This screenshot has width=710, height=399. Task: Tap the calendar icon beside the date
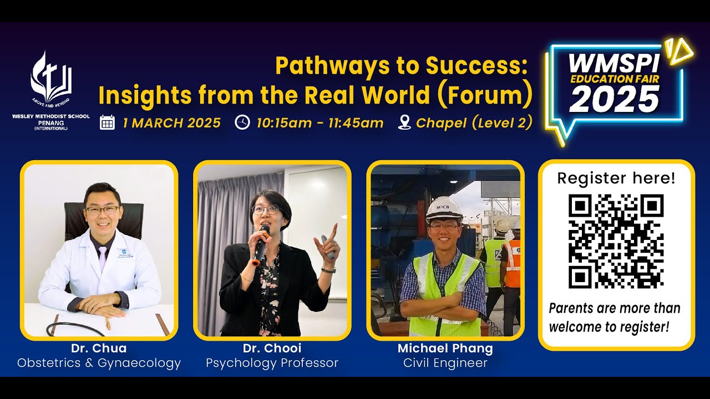click(107, 122)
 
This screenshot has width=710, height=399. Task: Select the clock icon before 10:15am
click(242, 122)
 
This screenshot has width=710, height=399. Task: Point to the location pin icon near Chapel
click(404, 122)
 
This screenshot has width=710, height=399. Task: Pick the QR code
click(616, 241)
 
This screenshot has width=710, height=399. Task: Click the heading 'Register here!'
click(616, 178)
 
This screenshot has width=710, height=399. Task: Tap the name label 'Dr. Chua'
click(99, 349)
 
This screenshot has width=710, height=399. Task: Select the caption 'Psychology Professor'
click(272, 364)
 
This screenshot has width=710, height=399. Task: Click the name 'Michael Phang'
click(445, 349)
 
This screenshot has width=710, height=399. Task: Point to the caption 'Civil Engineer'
click(445, 364)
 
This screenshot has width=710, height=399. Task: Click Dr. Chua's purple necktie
click(102, 258)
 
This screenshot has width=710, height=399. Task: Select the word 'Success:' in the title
click(475, 67)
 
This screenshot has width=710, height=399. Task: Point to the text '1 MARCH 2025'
click(171, 122)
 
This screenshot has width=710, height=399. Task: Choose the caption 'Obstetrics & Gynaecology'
click(99, 364)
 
